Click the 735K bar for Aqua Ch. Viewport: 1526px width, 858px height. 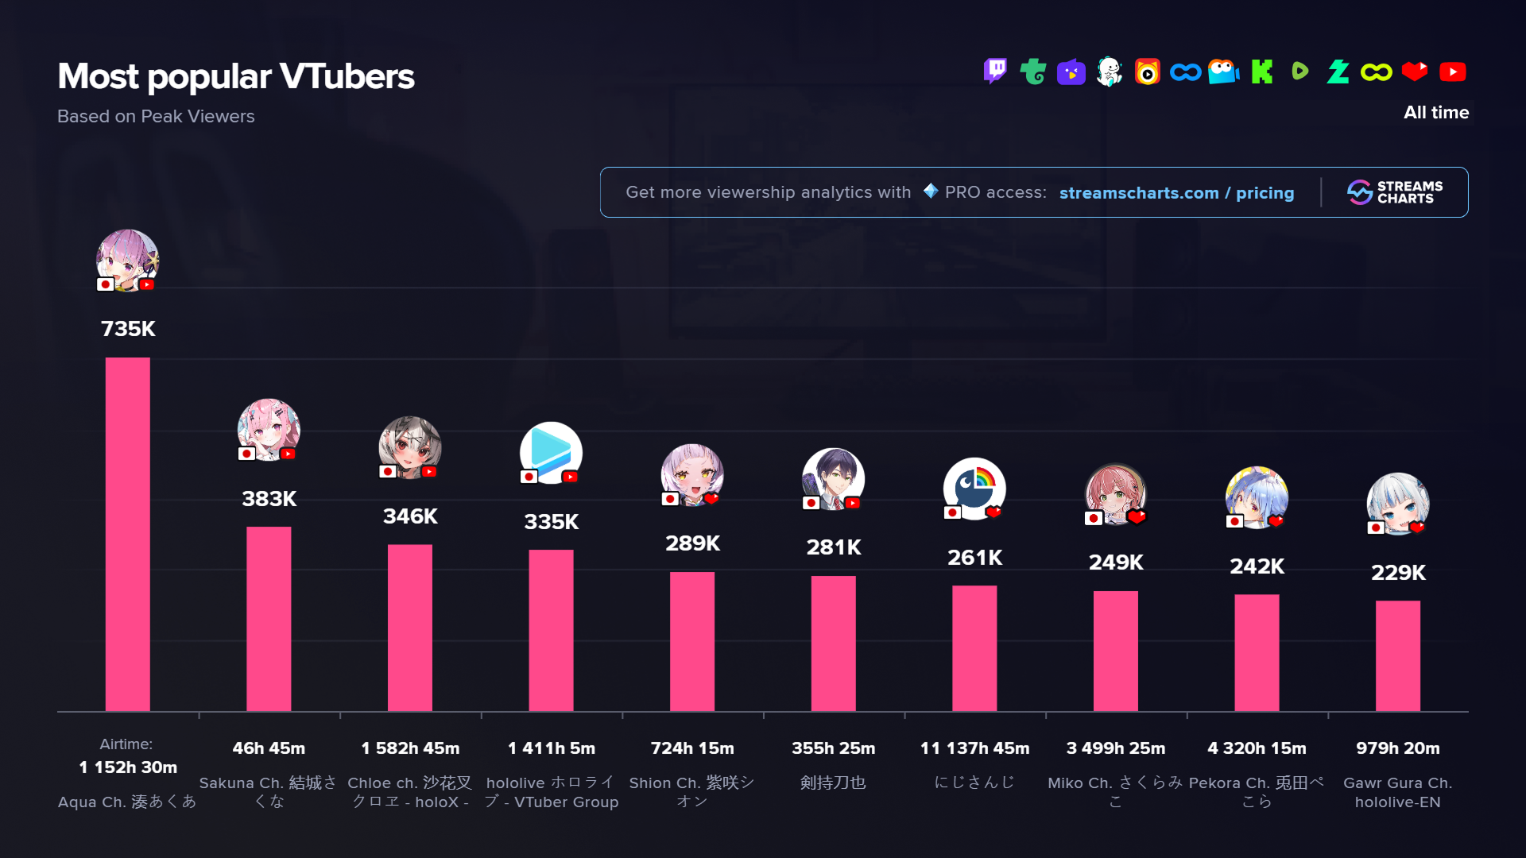click(x=127, y=534)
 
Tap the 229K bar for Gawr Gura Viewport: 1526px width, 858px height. click(x=1397, y=655)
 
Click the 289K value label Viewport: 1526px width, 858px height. click(x=692, y=543)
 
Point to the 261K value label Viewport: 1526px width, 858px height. click(x=974, y=558)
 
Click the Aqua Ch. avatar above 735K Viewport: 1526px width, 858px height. click(x=127, y=261)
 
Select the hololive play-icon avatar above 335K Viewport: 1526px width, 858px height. click(x=551, y=453)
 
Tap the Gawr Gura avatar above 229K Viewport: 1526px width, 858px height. click(x=1397, y=504)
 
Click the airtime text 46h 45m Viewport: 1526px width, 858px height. click(x=269, y=748)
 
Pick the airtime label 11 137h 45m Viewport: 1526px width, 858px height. click(x=974, y=748)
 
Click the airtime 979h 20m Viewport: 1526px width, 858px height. click(x=1397, y=748)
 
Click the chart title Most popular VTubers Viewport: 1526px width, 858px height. click(x=236, y=76)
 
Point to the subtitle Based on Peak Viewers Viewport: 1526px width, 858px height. click(x=156, y=116)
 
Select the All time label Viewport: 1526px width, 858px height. click(x=1435, y=112)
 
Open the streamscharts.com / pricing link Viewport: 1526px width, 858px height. click(x=1176, y=192)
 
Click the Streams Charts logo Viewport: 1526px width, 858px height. click(x=1395, y=192)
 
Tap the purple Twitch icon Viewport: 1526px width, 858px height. click(x=995, y=71)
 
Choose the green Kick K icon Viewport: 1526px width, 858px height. click(x=1261, y=71)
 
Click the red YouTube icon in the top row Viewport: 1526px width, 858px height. click(x=1452, y=71)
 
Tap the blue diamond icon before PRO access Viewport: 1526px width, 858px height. click(x=931, y=191)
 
